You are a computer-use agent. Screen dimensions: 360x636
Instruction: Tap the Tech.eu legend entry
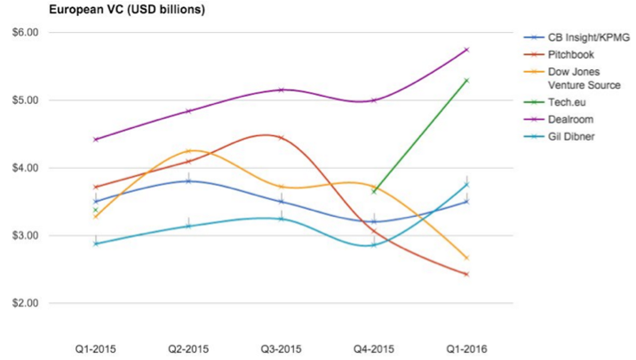click(566, 102)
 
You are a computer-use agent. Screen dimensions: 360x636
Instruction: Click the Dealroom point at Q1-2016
click(466, 50)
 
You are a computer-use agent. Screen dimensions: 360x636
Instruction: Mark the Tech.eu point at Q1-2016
click(466, 80)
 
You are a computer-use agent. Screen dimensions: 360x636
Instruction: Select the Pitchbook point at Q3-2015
click(281, 138)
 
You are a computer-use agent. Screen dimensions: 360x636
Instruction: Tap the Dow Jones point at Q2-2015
click(188, 151)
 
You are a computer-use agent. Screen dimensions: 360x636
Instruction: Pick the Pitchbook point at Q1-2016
click(466, 274)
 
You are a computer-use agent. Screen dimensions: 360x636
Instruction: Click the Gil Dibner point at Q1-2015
click(96, 243)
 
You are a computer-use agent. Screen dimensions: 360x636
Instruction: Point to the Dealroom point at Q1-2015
click(96, 140)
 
